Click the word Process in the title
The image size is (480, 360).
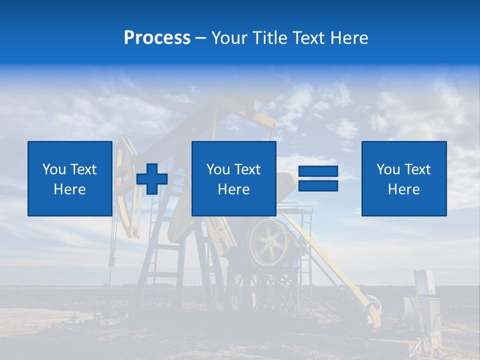(157, 38)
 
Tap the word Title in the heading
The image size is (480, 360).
(270, 38)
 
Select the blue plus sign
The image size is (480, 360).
(152, 179)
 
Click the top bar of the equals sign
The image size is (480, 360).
(318, 171)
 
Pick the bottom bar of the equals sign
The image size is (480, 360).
(318, 186)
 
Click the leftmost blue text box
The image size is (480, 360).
(69, 178)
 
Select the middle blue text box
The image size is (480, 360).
(233, 178)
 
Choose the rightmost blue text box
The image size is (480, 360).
(403, 178)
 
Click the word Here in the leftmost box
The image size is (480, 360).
(69, 189)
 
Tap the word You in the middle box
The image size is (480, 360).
(218, 169)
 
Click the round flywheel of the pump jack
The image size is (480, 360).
(269, 242)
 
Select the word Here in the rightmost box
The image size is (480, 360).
(403, 189)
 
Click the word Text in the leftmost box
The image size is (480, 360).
(83, 169)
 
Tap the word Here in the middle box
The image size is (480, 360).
(233, 189)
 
